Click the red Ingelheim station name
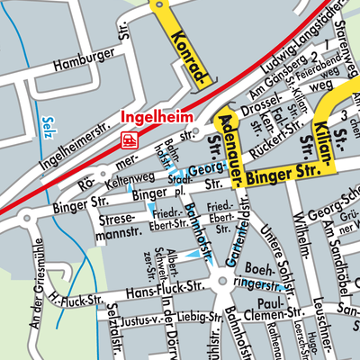pyautogui.click(x=154, y=117)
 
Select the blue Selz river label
pyautogui.click(x=48, y=125)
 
